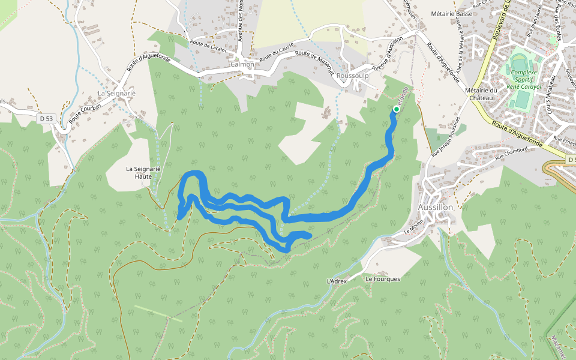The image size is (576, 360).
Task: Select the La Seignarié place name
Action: [117, 94]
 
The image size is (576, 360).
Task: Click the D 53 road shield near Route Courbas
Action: [46, 119]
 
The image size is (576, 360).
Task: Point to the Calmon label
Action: [242, 64]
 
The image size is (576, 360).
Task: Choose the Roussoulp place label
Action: [352, 76]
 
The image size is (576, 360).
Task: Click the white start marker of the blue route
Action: [397, 109]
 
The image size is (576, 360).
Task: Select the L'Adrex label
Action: [337, 281]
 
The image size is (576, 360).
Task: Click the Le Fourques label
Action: [383, 279]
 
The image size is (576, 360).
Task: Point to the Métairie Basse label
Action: [452, 13]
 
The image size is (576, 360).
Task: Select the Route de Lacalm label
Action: [208, 46]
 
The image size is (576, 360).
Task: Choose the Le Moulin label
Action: [414, 227]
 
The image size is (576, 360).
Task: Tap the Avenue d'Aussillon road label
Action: [388, 55]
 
